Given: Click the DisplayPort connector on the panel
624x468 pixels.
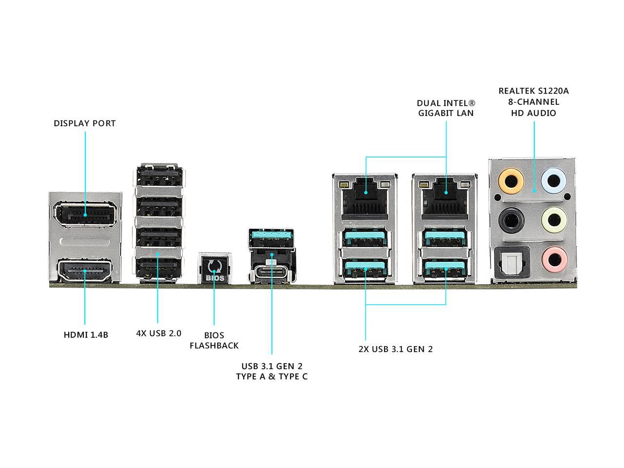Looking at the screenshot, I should tap(85, 214).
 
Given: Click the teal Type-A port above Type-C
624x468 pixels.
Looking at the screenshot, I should tap(272, 239).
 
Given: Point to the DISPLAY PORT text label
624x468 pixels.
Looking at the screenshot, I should tap(85, 123).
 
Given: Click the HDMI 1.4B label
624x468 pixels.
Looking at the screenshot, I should tap(86, 335).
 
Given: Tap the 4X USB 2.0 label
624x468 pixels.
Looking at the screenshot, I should tap(158, 333).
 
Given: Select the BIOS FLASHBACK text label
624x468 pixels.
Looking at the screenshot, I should tap(214, 340).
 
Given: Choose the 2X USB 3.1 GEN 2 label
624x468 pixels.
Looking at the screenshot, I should tap(395, 349).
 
